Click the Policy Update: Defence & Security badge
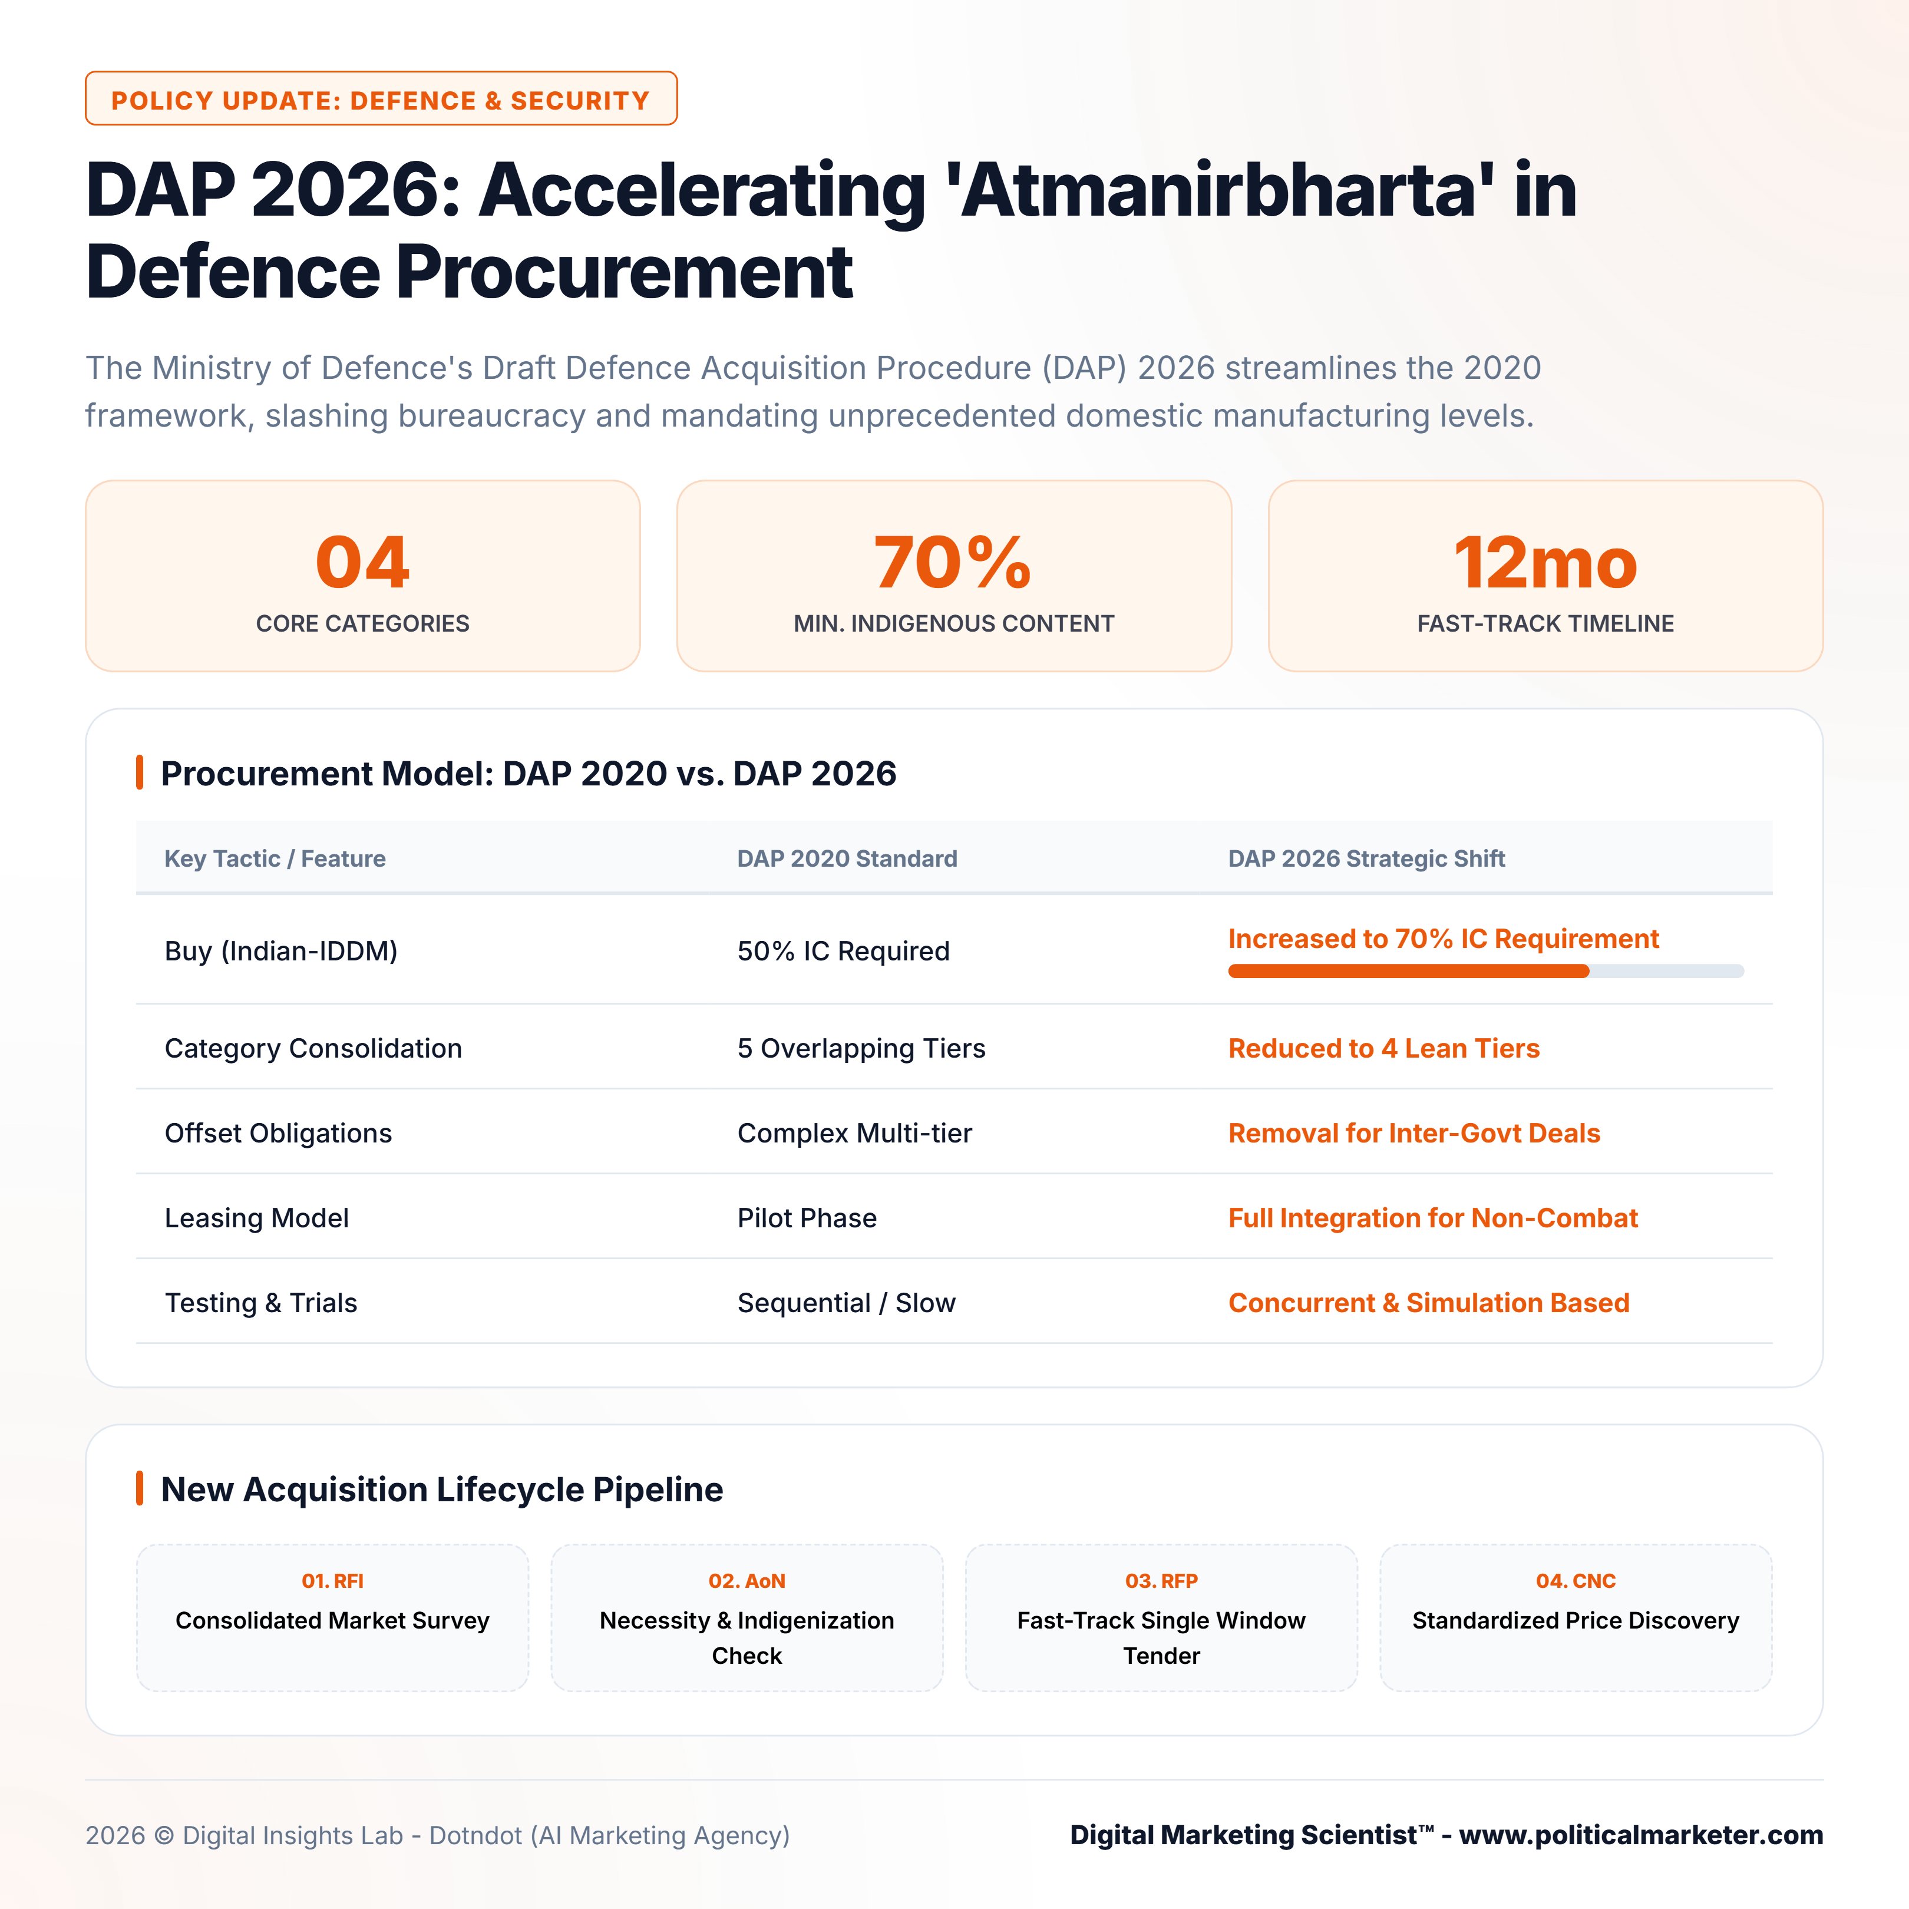(381, 99)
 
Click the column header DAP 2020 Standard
(847, 858)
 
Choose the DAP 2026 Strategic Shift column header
(1366, 858)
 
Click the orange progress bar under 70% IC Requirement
(1408, 972)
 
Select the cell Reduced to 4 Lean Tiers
(1383, 1048)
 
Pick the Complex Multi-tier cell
(855, 1134)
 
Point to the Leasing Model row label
(257, 1218)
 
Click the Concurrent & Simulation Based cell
(1429, 1303)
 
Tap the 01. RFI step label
(332, 1581)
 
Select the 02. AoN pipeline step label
(747, 1581)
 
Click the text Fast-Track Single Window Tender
(1161, 1638)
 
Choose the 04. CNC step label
(1576, 1581)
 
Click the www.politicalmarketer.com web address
(1642, 1835)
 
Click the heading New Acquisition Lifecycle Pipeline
(442, 1489)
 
